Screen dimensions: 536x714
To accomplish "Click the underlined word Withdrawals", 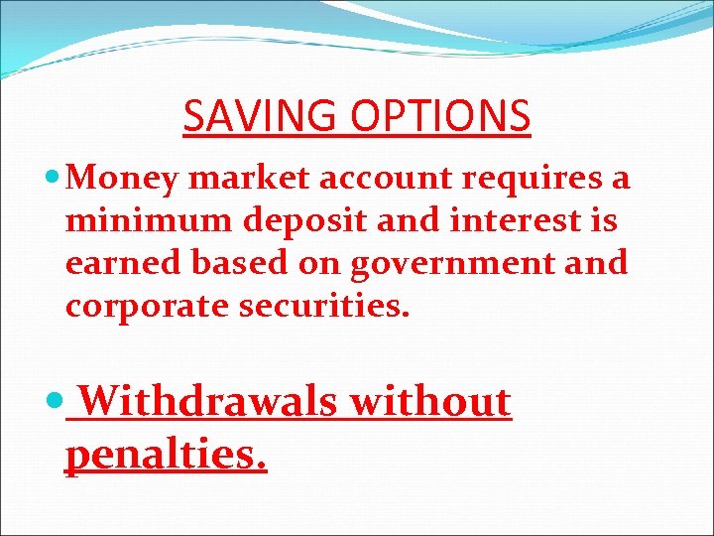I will (204, 402).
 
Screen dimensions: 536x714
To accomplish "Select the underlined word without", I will (429, 402).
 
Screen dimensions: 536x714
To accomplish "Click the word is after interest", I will (603, 220).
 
